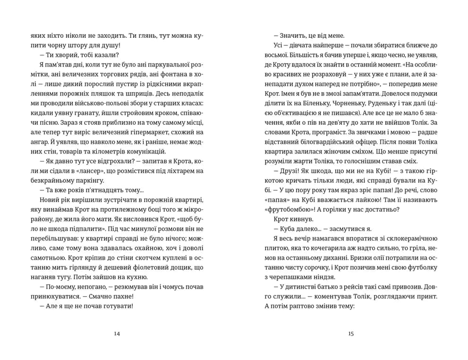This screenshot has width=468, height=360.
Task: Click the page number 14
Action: (x=117, y=334)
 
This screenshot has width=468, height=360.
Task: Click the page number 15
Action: (x=350, y=334)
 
